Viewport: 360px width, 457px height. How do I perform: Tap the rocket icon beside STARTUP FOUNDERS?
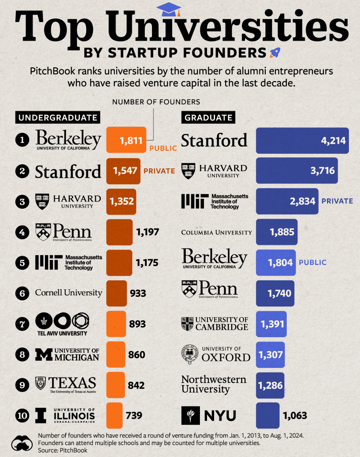pos(275,53)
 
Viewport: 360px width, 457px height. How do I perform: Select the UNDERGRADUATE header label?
pos(58,117)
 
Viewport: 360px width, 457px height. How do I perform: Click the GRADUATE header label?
pos(208,117)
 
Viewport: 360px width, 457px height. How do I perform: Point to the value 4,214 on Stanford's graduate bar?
pos(333,141)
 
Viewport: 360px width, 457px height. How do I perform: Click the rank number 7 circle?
pos(22,324)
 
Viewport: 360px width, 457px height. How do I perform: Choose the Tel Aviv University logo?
pos(62,324)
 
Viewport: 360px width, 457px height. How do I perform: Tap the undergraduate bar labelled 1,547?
pos(123,171)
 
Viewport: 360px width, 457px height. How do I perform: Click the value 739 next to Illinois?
pos(134,415)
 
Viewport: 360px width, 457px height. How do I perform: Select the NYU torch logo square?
pos(190,415)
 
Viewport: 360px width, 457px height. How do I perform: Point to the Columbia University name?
pos(216,233)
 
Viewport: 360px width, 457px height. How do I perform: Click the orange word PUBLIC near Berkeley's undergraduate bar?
pos(163,148)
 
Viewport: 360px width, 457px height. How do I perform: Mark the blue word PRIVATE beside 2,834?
pos(337,201)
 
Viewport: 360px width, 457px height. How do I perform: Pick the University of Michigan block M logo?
pos(44,354)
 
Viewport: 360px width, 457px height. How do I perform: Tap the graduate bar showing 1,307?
pos(270,355)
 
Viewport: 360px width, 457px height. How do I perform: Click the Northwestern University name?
pos(213,384)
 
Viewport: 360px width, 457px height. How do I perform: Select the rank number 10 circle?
pos(22,415)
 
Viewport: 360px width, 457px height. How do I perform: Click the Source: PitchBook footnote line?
pos(62,450)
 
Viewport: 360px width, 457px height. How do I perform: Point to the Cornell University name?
pos(69,293)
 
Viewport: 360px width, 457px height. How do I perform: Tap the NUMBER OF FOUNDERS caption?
pos(156,102)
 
